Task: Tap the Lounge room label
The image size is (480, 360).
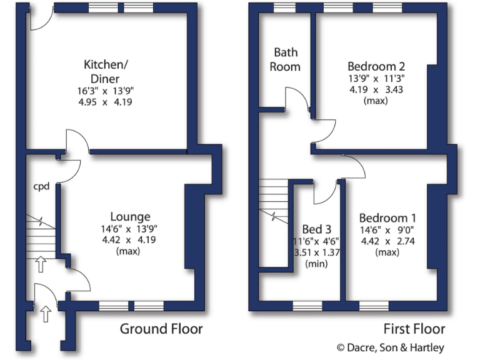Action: coord(131,217)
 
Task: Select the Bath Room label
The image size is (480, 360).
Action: coord(285,59)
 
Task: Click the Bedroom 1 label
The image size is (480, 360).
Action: coord(387,218)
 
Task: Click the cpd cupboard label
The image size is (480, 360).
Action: coord(41,186)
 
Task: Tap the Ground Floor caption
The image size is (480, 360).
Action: coord(161,329)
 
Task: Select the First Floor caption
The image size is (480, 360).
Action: coord(415,329)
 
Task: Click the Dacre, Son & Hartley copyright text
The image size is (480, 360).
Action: coord(391,347)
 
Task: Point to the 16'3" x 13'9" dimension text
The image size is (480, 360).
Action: coord(106,91)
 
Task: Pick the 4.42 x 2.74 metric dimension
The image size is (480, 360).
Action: coord(387,242)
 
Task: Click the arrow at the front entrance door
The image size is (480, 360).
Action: coord(44,312)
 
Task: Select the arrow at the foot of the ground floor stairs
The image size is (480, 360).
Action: coord(41,264)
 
